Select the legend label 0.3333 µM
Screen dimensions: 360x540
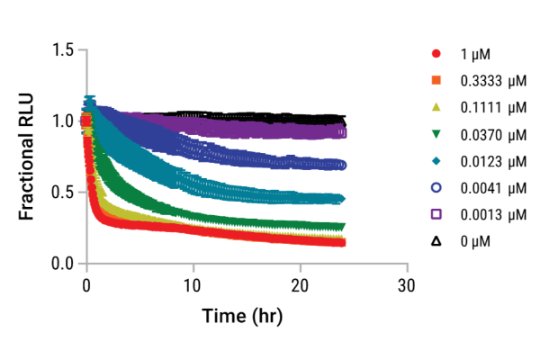pyautogui.click(x=487, y=83)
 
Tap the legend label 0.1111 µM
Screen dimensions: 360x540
pyautogui.click(x=487, y=109)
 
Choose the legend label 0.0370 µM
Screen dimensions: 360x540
pyautogui.click(x=487, y=135)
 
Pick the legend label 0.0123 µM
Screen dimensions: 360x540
pyautogui.click(x=487, y=162)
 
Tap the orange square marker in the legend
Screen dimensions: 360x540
pyautogui.click(x=435, y=83)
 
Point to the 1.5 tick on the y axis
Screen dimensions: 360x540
pyautogui.click(x=63, y=49)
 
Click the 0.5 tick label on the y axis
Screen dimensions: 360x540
pyautogui.click(x=63, y=193)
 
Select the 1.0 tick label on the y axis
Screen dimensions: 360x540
pyautogui.click(x=63, y=121)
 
